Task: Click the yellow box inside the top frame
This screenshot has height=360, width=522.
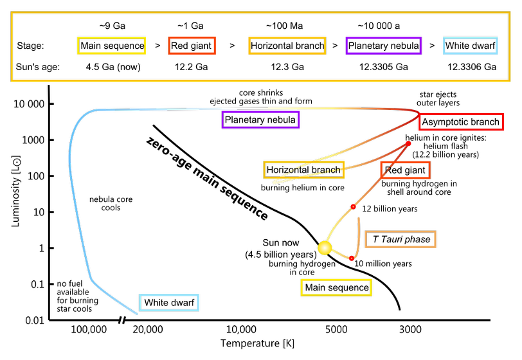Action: pyautogui.click(x=111, y=46)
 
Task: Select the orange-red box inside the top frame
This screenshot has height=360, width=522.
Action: pyautogui.click(x=192, y=46)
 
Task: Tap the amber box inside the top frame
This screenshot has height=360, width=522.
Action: pyautogui.click(x=287, y=46)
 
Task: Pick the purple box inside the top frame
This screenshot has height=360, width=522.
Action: pyautogui.click(x=383, y=46)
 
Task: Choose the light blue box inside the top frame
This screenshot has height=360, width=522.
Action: pyautogui.click(x=470, y=46)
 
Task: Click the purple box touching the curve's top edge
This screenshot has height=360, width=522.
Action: pyautogui.click(x=260, y=120)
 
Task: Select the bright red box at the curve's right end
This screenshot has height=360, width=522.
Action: pyautogui.click(x=461, y=122)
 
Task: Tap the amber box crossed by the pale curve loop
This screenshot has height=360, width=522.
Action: pyautogui.click(x=303, y=170)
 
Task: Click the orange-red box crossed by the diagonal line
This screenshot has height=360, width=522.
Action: pyautogui.click(x=405, y=170)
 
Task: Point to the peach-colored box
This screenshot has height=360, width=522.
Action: pyautogui.click(x=400, y=239)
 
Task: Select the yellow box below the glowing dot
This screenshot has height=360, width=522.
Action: pyautogui.click(x=336, y=287)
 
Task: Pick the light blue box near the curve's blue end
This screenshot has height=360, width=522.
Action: pyautogui.click(x=168, y=303)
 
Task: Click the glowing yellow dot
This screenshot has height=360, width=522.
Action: pyautogui.click(x=325, y=248)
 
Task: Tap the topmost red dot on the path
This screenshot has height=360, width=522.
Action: pyautogui.click(x=408, y=143)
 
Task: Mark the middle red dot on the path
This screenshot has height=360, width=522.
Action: pyautogui.click(x=353, y=206)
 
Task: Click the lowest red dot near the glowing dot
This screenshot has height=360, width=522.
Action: pyautogui.click(x=352, y=258)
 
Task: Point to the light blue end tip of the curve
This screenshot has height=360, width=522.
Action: pyautogui.click(x=137, y=314)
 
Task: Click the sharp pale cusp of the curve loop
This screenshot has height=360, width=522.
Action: pyautogui.click(x=273, y=183)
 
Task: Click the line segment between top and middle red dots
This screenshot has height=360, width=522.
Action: pyautogui.click(x=381, y=175)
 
